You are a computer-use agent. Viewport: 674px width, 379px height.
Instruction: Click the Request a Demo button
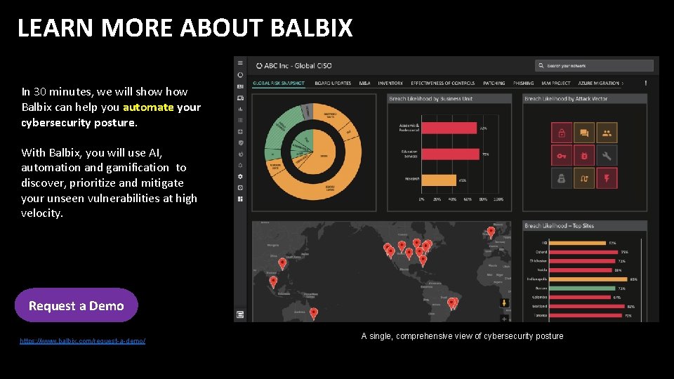pos(76,305)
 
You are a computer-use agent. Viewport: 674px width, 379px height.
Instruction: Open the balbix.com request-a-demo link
pos(83,340)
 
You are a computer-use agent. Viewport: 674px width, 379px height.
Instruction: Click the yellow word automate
pos(147,107)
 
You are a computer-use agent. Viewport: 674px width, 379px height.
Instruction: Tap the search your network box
pos(594,65)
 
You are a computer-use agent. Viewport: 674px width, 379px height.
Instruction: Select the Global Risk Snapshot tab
pos(279,83)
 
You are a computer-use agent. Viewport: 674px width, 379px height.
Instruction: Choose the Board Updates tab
pos(333,83)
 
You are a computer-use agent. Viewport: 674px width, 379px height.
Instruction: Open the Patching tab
pos(494,83)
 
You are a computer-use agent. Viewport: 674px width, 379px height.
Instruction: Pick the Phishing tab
pos(523,83)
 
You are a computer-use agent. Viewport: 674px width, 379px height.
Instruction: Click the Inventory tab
pos(390,83)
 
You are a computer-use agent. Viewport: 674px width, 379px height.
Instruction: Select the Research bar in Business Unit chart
pos(439,180)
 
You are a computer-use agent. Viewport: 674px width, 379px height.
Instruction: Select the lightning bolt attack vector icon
pos(607,178)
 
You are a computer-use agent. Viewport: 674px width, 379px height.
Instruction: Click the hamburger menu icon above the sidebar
pos(240,63)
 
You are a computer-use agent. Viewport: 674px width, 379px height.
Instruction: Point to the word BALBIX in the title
pos(311,28)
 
